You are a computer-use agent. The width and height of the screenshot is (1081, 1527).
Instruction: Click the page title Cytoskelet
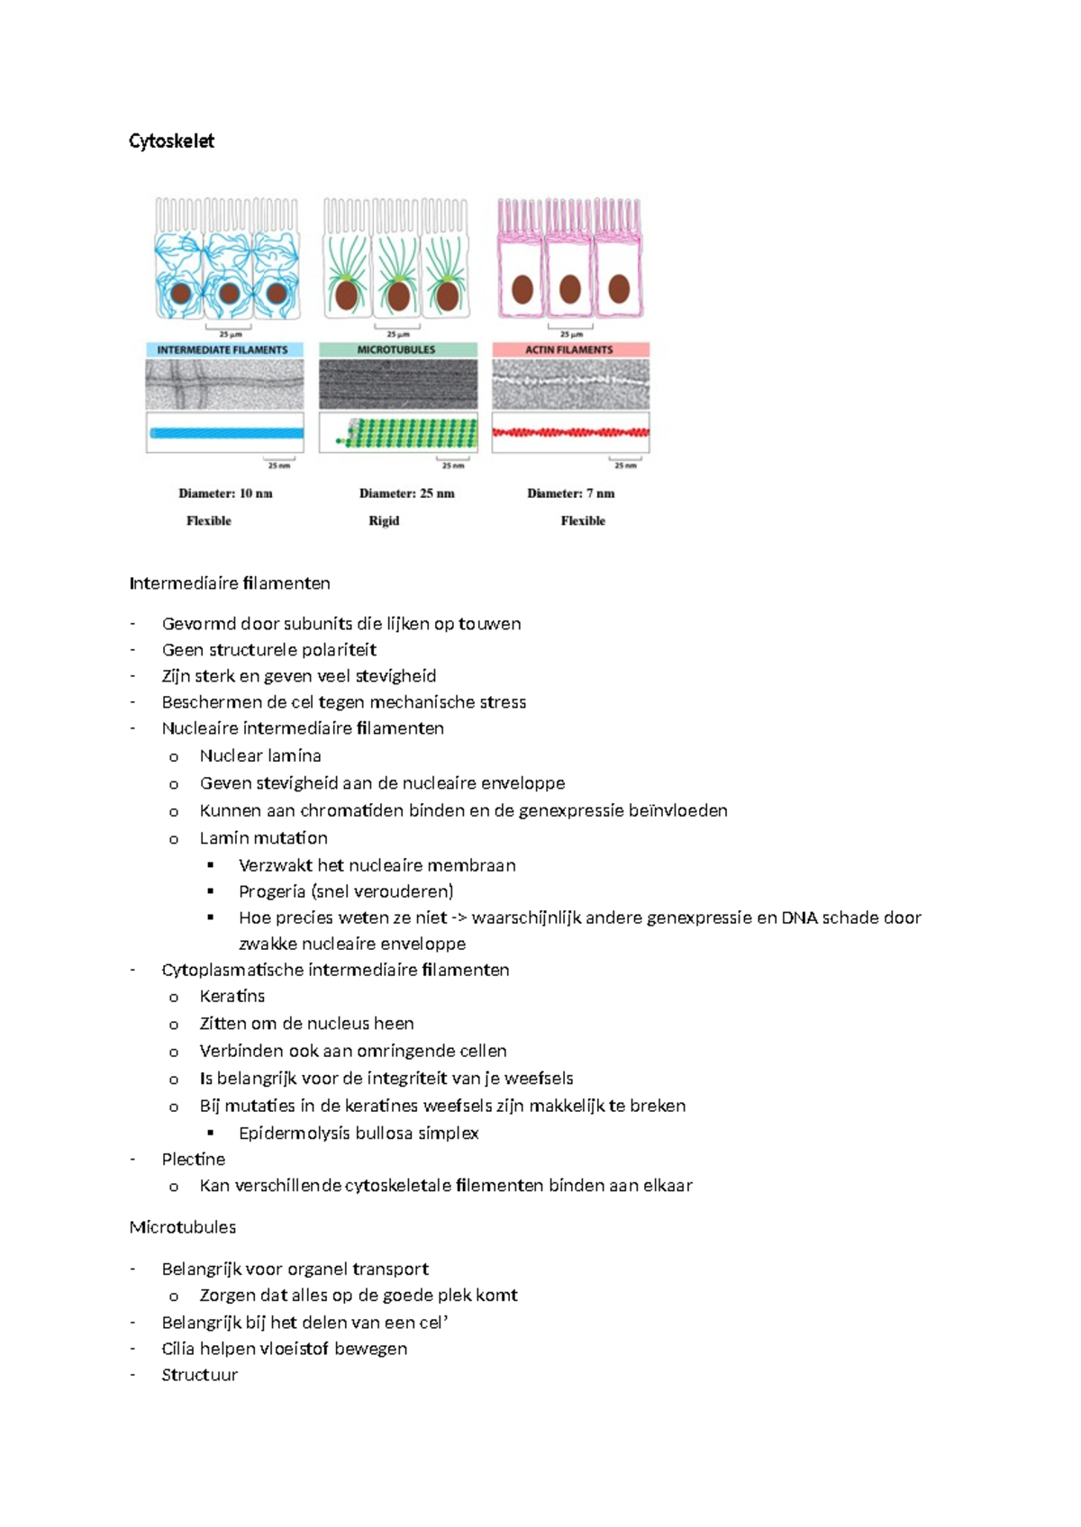(x=171, y=141)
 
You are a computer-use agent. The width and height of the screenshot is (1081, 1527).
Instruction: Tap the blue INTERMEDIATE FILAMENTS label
(x=223, y=350)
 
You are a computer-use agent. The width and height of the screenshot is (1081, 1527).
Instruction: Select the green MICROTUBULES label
(x=396, y=349)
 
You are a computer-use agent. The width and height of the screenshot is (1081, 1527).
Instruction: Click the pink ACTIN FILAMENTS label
(x=569, y=349)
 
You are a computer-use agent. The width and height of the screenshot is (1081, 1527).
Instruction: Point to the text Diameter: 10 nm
(x=225, y=493)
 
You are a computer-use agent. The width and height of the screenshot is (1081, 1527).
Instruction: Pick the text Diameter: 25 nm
(x=406, y=493)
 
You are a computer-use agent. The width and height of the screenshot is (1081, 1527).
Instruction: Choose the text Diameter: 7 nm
(x=571, y=493)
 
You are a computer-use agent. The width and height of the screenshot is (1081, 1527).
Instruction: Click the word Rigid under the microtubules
(x=384, y=520)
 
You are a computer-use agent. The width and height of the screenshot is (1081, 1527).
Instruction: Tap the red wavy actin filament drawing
(x=570, y=432)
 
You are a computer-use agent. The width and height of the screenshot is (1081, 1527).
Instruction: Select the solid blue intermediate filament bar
(x=225, y=433)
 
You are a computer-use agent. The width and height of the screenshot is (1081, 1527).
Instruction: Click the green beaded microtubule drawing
(x=410, y=434)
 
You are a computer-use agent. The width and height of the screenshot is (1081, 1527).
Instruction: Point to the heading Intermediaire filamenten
(x=230, y=583)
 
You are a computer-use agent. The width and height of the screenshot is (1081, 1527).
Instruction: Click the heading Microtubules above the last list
(x=183, y=1227)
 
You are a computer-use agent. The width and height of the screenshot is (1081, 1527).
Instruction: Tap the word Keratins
(x=232, y=996)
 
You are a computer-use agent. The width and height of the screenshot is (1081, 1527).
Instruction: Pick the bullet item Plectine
(x=193, y=1159)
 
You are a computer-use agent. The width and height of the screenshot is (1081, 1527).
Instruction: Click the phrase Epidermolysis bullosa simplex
(x=359, y=1133)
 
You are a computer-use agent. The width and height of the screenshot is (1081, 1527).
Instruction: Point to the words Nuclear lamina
(x=260, y=755)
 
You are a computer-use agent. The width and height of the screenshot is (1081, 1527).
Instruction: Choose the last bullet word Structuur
(x=199, y=1375)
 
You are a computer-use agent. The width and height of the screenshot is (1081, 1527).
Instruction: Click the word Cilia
(x=177, y=1349)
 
